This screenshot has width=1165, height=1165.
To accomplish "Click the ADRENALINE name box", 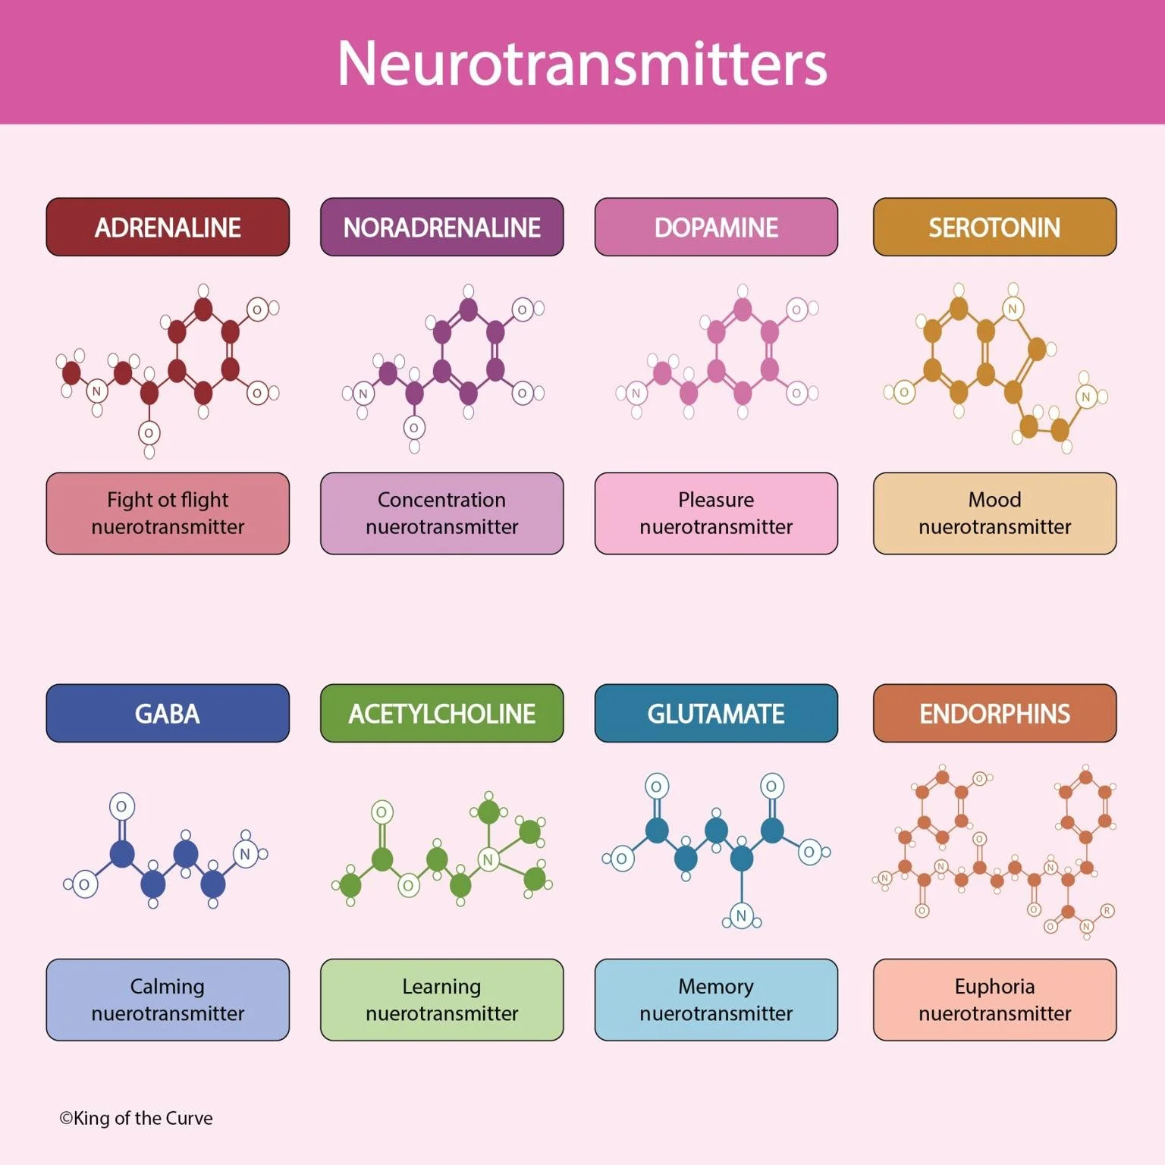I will [x=168, y=228].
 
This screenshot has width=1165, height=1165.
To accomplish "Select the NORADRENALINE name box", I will [x=441, y=228].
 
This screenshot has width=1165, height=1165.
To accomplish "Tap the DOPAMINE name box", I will [x=716, y=228].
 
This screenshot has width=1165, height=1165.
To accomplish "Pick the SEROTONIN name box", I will [x=994, y=228].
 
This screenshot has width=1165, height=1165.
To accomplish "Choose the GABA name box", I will [x=168, y=714].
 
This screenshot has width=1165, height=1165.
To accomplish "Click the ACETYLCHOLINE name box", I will [x=441, y=714].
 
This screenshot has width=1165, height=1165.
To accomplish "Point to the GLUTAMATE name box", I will [x=716, y=714].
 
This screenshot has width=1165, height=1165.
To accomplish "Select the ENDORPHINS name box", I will [x=994, y=714].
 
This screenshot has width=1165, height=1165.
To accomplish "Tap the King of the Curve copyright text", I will [x=137, y=1118].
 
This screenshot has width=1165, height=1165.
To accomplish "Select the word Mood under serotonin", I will [x=994, y=500].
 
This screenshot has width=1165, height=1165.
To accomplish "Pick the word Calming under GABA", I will [x=168, y=986].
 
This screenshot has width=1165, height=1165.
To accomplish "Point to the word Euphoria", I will [x=994, y=986].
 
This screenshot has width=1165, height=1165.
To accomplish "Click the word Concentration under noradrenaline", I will [x=441, y=500].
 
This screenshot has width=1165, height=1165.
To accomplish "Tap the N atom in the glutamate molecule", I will [x=741, y=915].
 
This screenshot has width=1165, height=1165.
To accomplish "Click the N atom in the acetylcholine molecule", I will [x=488, y=859].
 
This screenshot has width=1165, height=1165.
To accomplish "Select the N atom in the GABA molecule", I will [x=245, y=854].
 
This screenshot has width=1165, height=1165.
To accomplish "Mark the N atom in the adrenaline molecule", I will [x=96, y=391].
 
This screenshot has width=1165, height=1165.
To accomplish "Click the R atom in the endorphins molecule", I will [x=1107, y=910].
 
